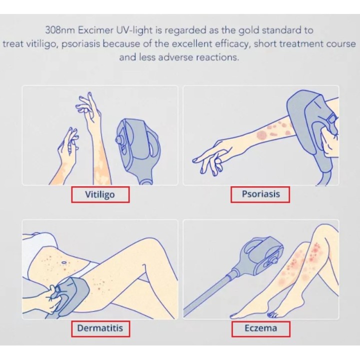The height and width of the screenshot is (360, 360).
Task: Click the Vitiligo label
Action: pos(100,194)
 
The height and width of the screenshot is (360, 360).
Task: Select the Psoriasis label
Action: pos(261,194)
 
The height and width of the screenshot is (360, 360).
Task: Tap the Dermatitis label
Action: pos(100,328)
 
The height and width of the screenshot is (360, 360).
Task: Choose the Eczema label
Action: pos(260,328)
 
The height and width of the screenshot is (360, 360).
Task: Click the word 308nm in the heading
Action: pos(60,30)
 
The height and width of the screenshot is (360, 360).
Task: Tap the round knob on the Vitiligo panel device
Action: pos(119,139)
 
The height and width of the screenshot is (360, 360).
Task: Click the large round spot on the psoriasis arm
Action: pos(261,135)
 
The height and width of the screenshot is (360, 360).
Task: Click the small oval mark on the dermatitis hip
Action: pos(63,262)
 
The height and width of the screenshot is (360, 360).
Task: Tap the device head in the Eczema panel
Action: pos(261,255)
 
